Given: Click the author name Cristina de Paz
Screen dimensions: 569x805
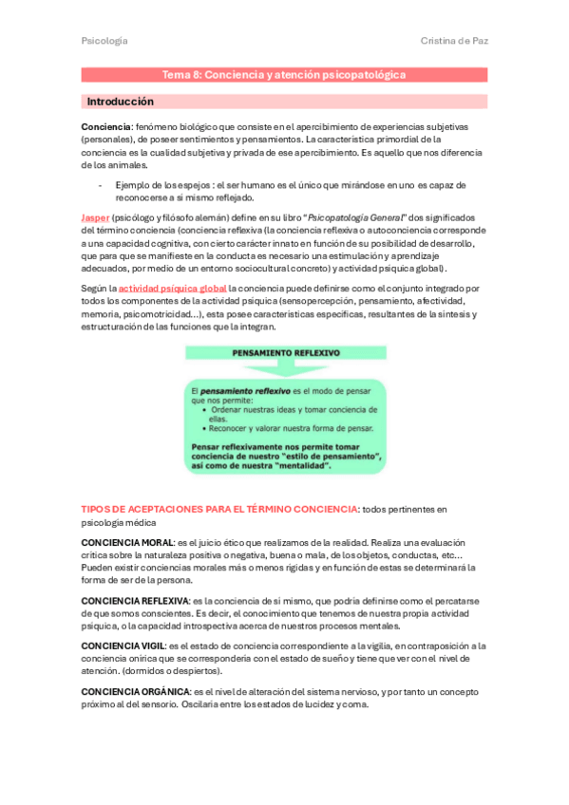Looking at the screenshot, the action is pyautogui.click(x=453, y=41).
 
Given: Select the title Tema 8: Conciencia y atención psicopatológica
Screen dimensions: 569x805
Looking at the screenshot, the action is pyautogui.click(x=284, y=74).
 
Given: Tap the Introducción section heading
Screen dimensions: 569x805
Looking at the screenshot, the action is pyautogui.click(x=120, y=101).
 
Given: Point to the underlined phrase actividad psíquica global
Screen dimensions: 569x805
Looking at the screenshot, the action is pyautogui.click(x=172, y=288).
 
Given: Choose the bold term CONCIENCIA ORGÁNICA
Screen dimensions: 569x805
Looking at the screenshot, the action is pyautogui.click(x=135, y=692).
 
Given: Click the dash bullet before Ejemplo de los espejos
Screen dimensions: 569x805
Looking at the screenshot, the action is pyautogui.click(x=101, y=185).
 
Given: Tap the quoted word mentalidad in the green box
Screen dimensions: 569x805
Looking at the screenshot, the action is pyautogui.click(x=303, y=466).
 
